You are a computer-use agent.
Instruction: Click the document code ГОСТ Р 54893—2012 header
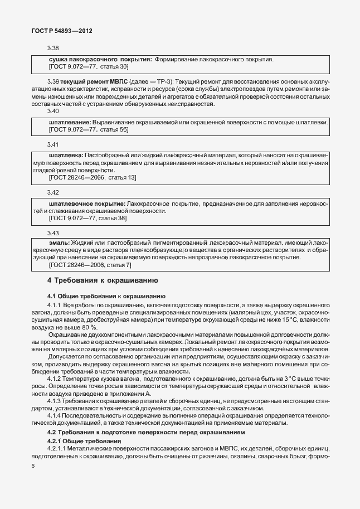click(61, 31)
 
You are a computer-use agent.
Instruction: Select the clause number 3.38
click(53, 49)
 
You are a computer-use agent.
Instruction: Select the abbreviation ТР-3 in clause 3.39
click(163, 82)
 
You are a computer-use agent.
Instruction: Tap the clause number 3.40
click(53, 112)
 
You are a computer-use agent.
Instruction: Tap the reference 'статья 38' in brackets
click(113, 219)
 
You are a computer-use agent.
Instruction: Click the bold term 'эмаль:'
click(60, 243)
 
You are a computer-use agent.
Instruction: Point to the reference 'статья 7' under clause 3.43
click(119, 266)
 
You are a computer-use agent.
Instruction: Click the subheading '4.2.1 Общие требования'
click(82, 442)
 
